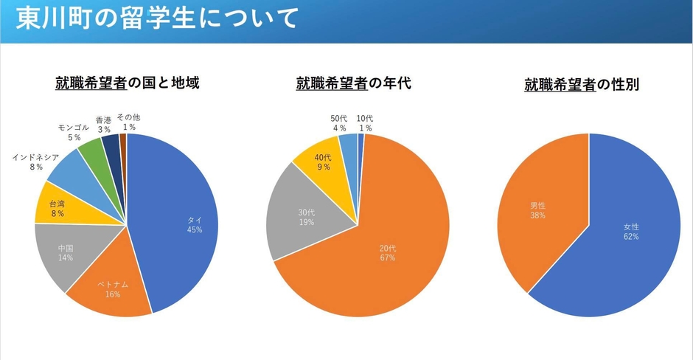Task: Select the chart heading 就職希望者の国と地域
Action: (127, 83)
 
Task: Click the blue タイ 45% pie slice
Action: (181, 221)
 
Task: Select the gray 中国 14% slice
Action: (67, 254)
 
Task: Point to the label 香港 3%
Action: (103, 124)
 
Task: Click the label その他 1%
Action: (128, 122)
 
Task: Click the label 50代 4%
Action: (339, 123)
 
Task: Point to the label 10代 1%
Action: (364, 123)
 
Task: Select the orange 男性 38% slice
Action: (538, 210)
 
